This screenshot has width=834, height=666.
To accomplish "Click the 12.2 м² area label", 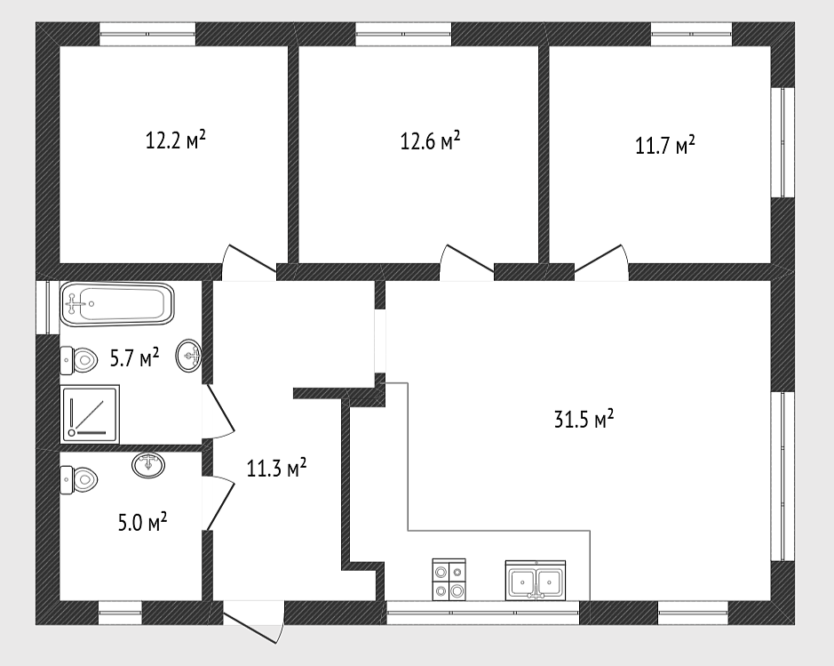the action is pos(176,140).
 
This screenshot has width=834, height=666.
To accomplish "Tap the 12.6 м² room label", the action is pos(430,141).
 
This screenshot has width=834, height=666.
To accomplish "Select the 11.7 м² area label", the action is pos(665,145).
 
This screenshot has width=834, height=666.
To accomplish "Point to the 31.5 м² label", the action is pos(584,420).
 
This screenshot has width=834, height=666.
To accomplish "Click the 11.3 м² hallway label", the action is pos(276,469).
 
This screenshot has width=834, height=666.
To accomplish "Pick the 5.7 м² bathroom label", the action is pos(135,357).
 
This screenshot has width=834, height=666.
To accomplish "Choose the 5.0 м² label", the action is pos(142,522).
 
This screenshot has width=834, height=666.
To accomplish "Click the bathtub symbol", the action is pos(117,304).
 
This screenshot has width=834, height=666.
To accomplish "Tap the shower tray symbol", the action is pos(90,413).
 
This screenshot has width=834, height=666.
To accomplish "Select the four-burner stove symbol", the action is pos(449,580).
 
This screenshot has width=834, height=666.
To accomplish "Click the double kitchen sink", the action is pos(535,581).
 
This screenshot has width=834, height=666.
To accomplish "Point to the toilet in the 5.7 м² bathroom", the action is pos(79,359).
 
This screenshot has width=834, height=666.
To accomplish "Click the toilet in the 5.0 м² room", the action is pos(79,480).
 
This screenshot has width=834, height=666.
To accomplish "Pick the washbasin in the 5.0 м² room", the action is pos(148,465).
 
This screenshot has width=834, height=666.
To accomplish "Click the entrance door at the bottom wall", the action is pos(254,622).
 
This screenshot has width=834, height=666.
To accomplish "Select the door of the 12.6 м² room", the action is pos(466,262).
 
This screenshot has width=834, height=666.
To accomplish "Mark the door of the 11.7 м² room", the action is pos(602,262).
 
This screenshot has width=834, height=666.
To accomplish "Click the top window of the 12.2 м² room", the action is pos(147,34).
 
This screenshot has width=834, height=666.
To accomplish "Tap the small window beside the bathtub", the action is pos(47,308).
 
